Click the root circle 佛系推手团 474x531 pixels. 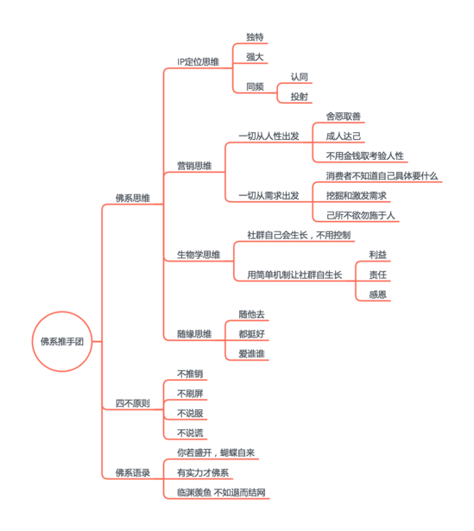click(62, 341)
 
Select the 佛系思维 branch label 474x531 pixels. click(133, 198)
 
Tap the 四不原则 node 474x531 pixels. click(133, 403)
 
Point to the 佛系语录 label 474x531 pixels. click(133, 473)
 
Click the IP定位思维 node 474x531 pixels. click(198, 62)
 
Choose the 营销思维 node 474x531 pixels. click(194, 166)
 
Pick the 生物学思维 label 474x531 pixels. click(199, 255)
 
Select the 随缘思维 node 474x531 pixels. click(194, 334)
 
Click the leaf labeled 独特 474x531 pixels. click(255, 37)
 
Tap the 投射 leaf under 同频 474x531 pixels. click(300, 97)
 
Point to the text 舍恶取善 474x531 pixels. click(344, 117)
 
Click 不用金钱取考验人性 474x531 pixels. click(365, 156)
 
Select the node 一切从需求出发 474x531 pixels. click(269, 196)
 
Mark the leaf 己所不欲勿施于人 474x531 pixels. click(361, 215)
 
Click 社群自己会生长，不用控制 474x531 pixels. click(299, 235)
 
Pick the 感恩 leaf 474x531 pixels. click(378, 294)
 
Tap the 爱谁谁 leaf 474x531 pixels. click(251, 354)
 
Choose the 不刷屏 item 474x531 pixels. click(190, 394)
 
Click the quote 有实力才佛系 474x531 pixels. click(203, 473)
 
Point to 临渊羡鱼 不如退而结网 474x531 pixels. click(221, 493)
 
